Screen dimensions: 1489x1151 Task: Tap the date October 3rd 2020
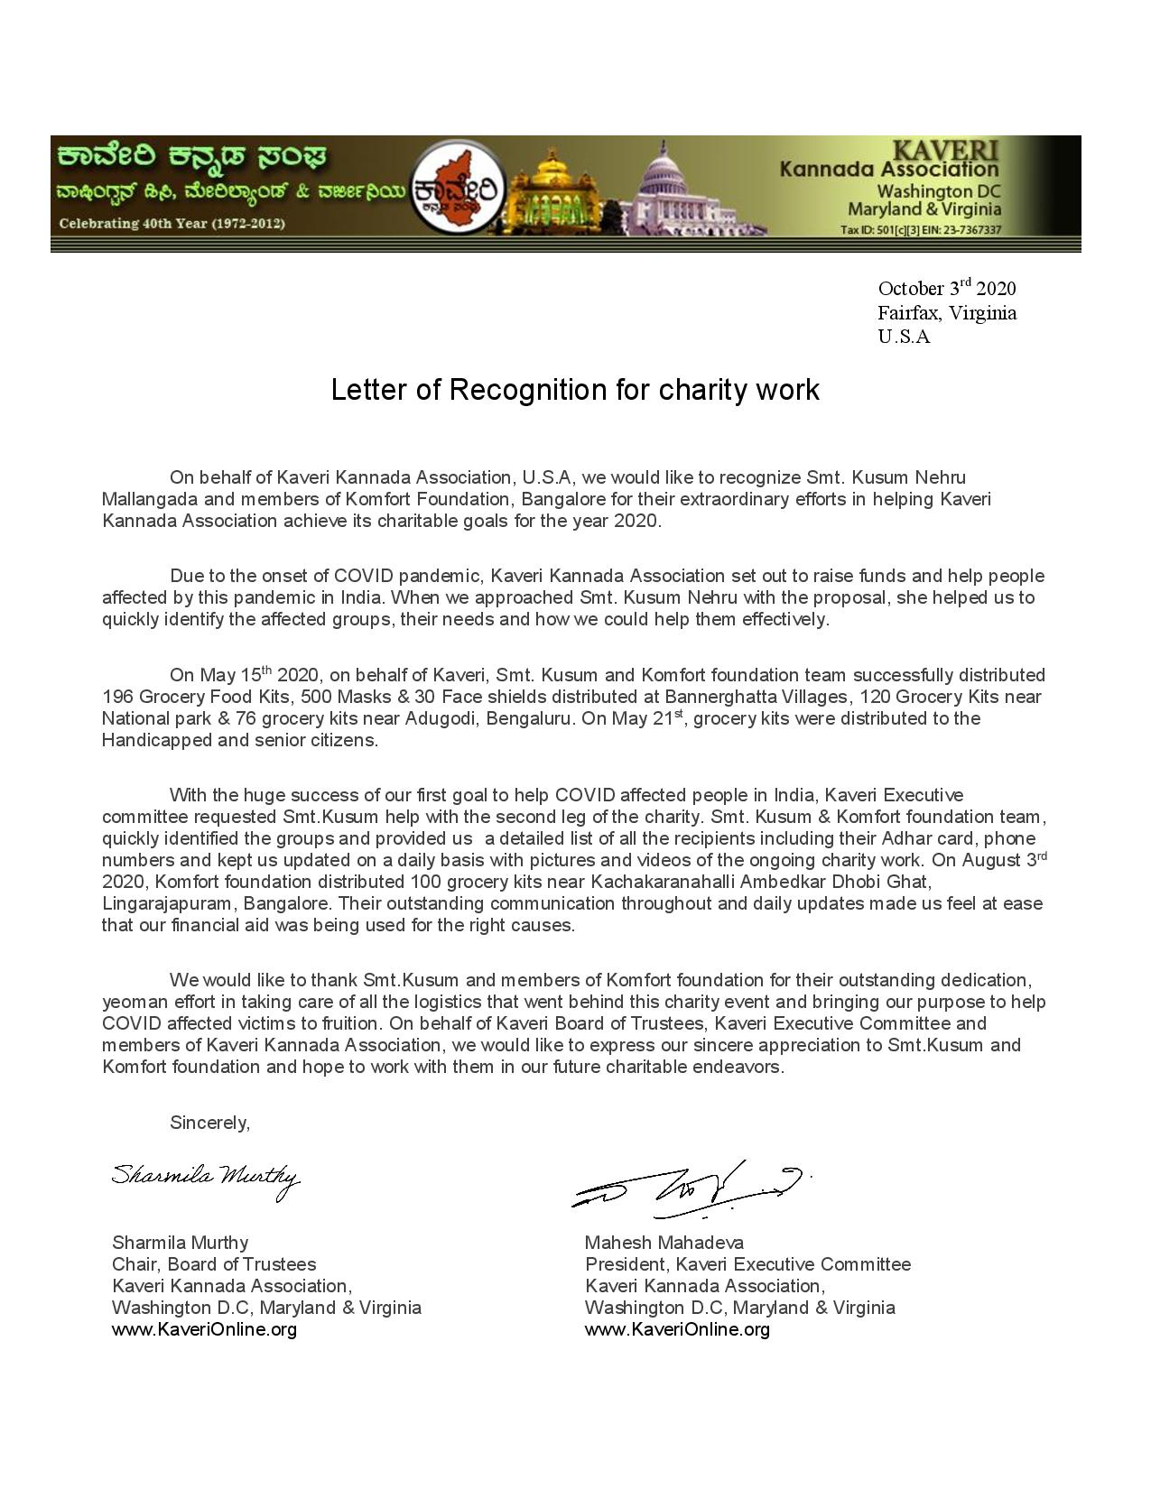click(946, 289)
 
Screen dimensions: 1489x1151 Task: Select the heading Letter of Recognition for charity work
click(575, 390)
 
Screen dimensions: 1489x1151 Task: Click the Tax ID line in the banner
click(920, 230)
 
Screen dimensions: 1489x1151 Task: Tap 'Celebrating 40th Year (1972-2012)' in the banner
click(172, 224)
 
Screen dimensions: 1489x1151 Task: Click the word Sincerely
click(209, 1123)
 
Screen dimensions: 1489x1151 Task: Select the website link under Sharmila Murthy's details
click(204, 1329)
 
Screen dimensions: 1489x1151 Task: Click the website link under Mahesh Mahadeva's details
click(677, 1329)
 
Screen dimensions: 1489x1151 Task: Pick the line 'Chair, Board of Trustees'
click(214, 1264)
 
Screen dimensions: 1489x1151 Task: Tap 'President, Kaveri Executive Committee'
click(747, 1264)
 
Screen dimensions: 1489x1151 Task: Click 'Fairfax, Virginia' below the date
click(946, 313)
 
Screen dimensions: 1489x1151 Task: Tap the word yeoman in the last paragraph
click(130, 1002)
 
